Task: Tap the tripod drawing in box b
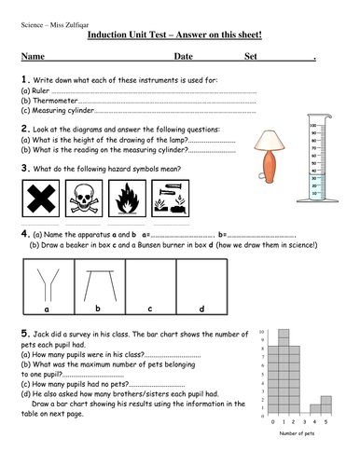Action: click(97, 280)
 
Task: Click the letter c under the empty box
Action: click(149, 308)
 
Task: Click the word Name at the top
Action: click(33, 57)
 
